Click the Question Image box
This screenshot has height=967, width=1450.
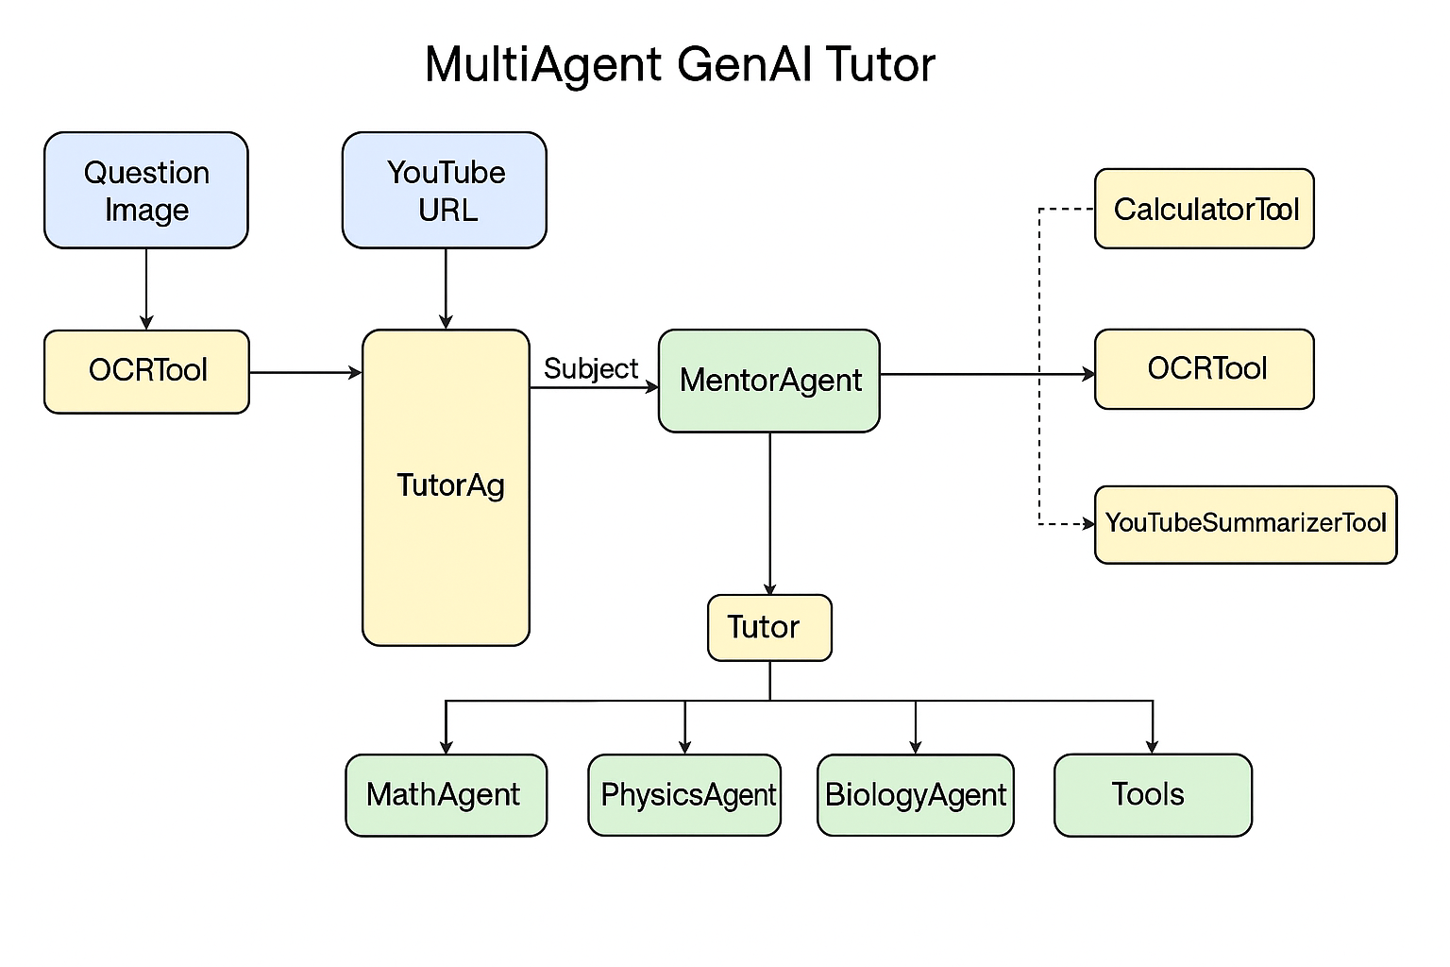(x=146, y=190)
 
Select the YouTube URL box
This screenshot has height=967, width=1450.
(x=445, y=190)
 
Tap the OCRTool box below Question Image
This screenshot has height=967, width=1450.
(x=146, y=371)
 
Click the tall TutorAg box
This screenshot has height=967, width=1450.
(x=446, y=487)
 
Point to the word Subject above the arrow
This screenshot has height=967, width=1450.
(x=591, y=368)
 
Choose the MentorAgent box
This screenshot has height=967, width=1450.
(x=769, y=381)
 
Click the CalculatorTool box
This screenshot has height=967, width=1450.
(x=1205, y=209)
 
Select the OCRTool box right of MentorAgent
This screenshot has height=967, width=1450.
(x=1205, y=369)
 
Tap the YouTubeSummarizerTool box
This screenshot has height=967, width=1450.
(x=1245, y=524)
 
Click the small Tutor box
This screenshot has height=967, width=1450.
(x=769, y=627)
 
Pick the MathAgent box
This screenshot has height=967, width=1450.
(x=446, y=795)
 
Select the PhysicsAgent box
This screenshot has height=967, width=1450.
(x=684, y=795)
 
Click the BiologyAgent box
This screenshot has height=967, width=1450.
(x=916, y=795)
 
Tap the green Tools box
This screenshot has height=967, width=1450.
(x=1153, y=795)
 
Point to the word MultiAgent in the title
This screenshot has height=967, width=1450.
(x=543, y=64)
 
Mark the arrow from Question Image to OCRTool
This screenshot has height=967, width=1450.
(x=146, y=289)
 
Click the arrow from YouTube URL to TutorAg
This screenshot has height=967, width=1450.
(x=446, y=289)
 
